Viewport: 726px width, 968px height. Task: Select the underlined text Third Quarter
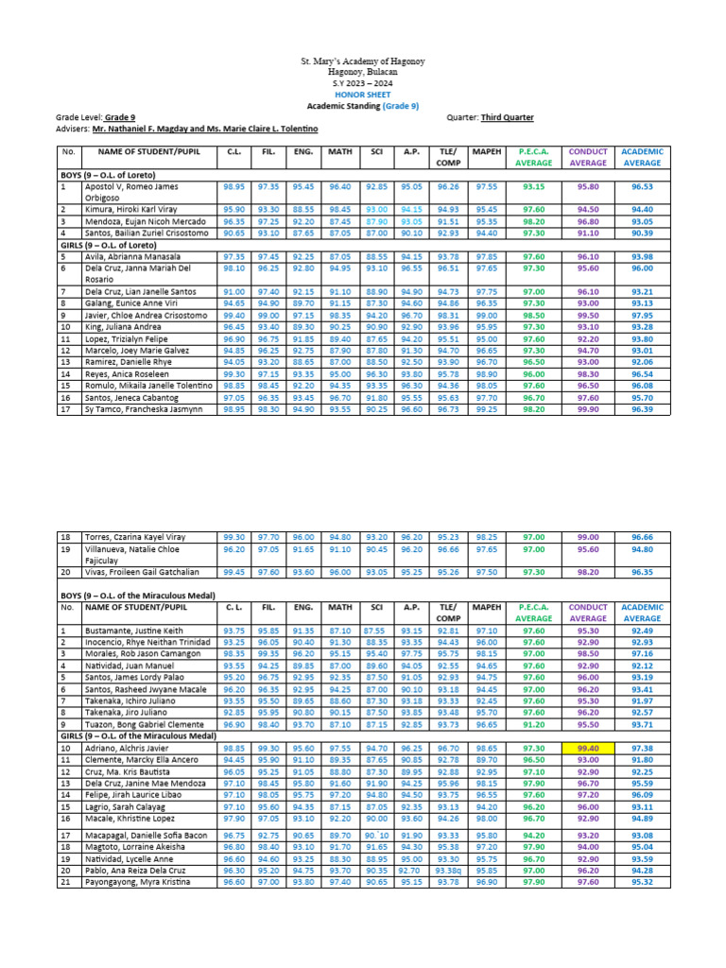point(507,117)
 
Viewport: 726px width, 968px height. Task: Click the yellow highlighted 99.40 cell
point(587,747)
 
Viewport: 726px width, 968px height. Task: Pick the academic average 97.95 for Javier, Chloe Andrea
point(642,315)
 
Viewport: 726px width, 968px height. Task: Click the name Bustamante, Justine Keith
point(124,630)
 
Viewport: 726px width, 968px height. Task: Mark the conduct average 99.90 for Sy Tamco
point(587,408)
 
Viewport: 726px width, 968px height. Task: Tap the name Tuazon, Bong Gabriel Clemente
point(135,723)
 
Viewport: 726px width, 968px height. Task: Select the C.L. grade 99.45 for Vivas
point(233,571)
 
